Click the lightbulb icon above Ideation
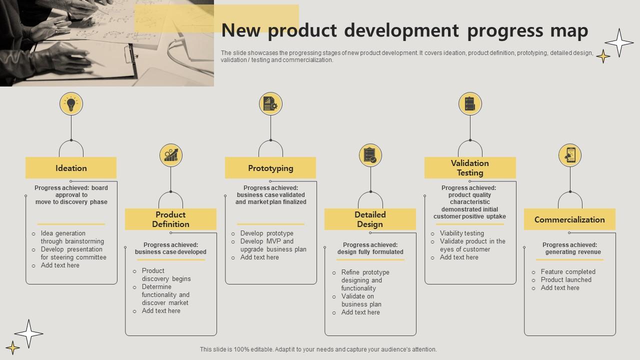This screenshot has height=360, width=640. pos(71,104)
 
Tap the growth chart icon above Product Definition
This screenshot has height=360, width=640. pos(170,155)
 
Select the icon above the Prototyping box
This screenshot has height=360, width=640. pos(270,104)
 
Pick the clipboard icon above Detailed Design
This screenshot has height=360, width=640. pos(370,155)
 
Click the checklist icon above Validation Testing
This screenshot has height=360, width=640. pos(470,104)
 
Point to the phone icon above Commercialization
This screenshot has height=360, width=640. pos(570,155)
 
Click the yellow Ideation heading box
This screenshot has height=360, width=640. pos(71,168)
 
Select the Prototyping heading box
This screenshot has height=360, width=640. pos(270,168)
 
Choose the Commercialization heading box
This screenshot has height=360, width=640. pos(569,219)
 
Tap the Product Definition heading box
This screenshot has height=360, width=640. pos(170,219)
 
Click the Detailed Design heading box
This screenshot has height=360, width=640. pos(370,219)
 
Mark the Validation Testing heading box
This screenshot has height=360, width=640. pos(470,168)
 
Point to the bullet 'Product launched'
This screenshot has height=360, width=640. pos(566,280)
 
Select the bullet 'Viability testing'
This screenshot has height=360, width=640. pos(462,233)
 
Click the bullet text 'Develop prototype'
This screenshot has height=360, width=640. pos(267,233)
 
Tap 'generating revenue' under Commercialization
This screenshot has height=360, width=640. pos(573,252)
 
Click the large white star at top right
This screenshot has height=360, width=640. pos(619,42)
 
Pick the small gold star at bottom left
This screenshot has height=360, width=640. pos(12,347)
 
